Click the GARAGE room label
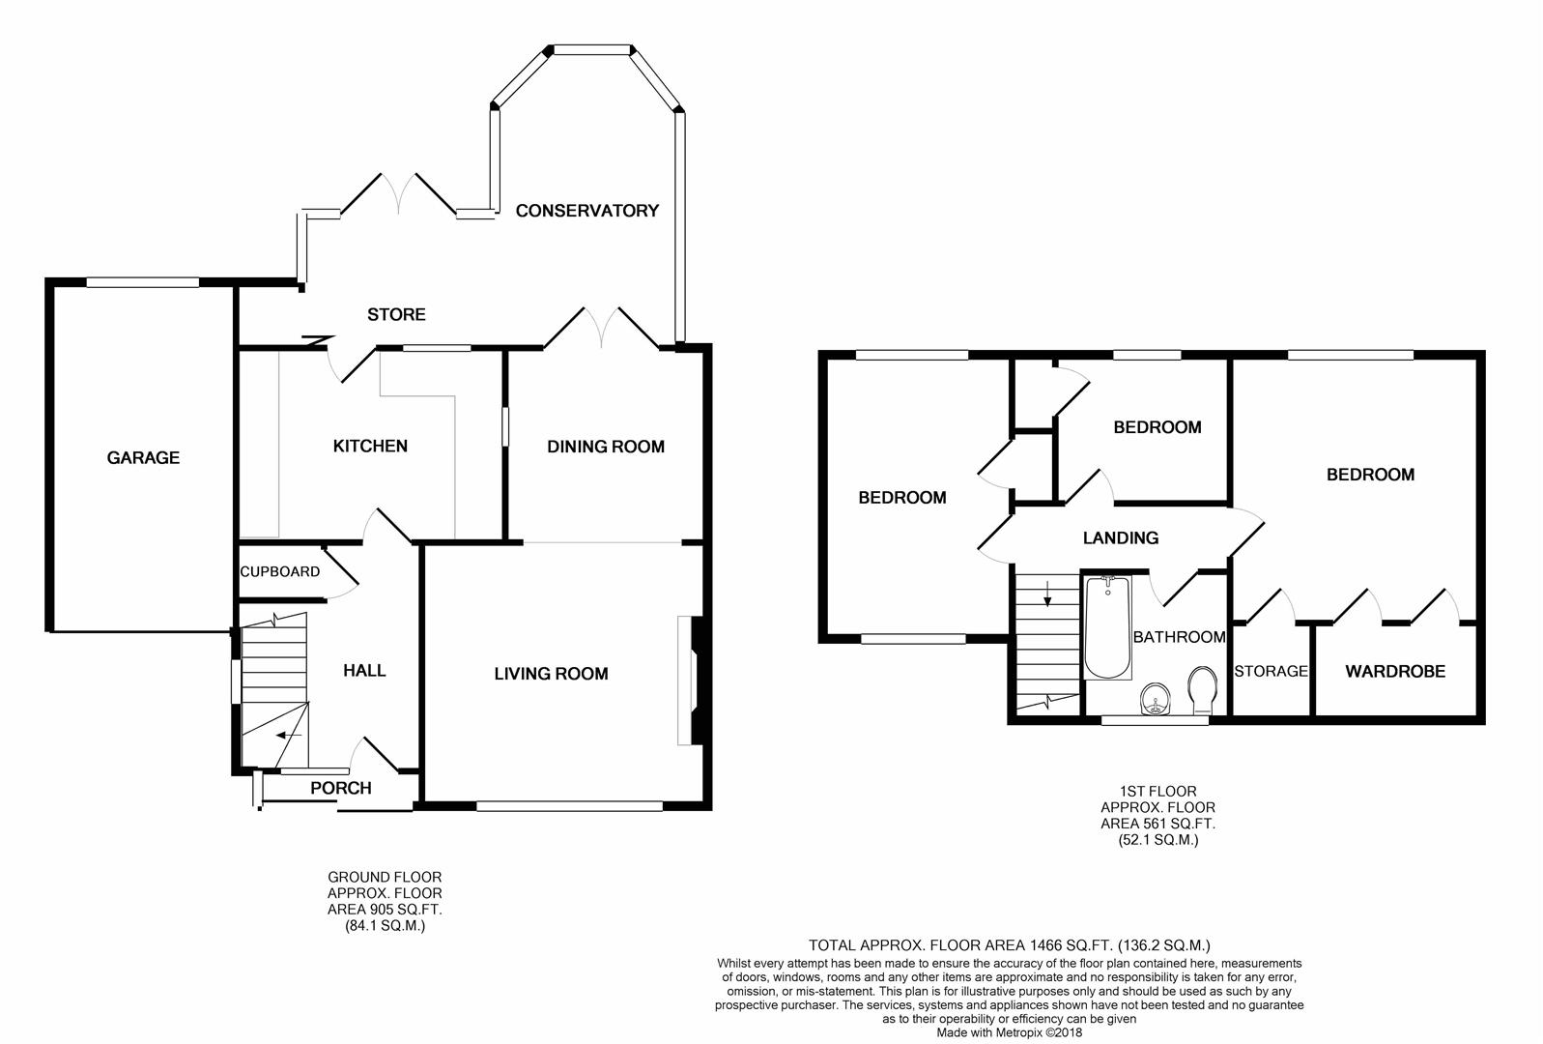point(143,457)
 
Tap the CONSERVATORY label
point(586,211)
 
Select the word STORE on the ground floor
point(396,315)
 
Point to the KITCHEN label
point(370,447)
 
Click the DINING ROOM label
point(606,447)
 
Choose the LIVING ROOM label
point(551,674)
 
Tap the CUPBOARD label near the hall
point(279,572)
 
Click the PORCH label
point(341,789)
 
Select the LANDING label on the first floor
point(1121,538)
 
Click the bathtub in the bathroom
point(1107,627)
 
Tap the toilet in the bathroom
point(1203,690)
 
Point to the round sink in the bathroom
point(1156,699)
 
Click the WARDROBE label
point(1395,671)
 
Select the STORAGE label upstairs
point(1271,671)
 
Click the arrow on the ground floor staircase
point(289,736)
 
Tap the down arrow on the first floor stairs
point(1047,594)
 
